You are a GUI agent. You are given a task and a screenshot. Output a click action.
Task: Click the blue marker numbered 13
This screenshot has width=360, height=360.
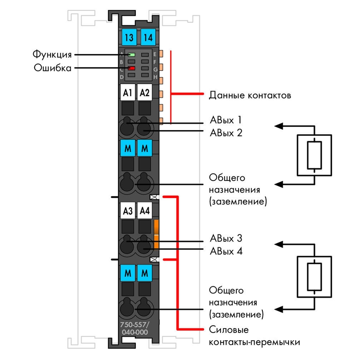129,37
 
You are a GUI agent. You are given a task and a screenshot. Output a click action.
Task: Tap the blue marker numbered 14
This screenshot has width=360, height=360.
148,37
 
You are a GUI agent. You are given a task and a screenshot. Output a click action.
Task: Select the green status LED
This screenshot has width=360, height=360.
131,55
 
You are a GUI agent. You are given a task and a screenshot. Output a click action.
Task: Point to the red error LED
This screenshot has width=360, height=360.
131,68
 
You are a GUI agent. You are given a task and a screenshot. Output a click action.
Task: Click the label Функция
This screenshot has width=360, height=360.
52,55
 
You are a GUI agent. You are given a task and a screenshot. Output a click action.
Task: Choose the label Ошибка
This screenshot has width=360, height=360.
53,68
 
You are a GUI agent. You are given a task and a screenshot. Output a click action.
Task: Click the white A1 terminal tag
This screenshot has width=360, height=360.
128,92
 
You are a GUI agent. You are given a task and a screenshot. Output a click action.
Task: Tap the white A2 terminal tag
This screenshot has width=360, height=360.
144,92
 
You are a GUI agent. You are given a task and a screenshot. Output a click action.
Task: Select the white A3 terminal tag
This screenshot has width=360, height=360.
128,210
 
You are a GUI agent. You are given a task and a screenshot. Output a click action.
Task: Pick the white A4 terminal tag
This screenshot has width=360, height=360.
144,210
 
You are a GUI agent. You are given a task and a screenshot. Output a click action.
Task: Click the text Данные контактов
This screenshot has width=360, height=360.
250,95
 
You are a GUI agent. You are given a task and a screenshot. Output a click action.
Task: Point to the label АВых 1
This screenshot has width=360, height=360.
226,120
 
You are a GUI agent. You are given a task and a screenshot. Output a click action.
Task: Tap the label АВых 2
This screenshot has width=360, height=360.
226,133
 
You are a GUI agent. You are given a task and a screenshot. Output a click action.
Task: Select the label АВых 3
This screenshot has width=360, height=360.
226,238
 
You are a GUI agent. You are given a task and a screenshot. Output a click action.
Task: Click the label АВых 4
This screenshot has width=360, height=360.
226,252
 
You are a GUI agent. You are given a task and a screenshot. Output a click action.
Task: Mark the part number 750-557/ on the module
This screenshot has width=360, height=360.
135,324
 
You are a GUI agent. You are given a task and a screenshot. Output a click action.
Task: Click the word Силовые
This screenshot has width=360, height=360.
229,330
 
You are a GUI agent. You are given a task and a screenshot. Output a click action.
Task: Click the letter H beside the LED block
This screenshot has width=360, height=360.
155,77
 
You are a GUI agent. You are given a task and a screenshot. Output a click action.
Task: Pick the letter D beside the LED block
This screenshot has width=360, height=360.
121,77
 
